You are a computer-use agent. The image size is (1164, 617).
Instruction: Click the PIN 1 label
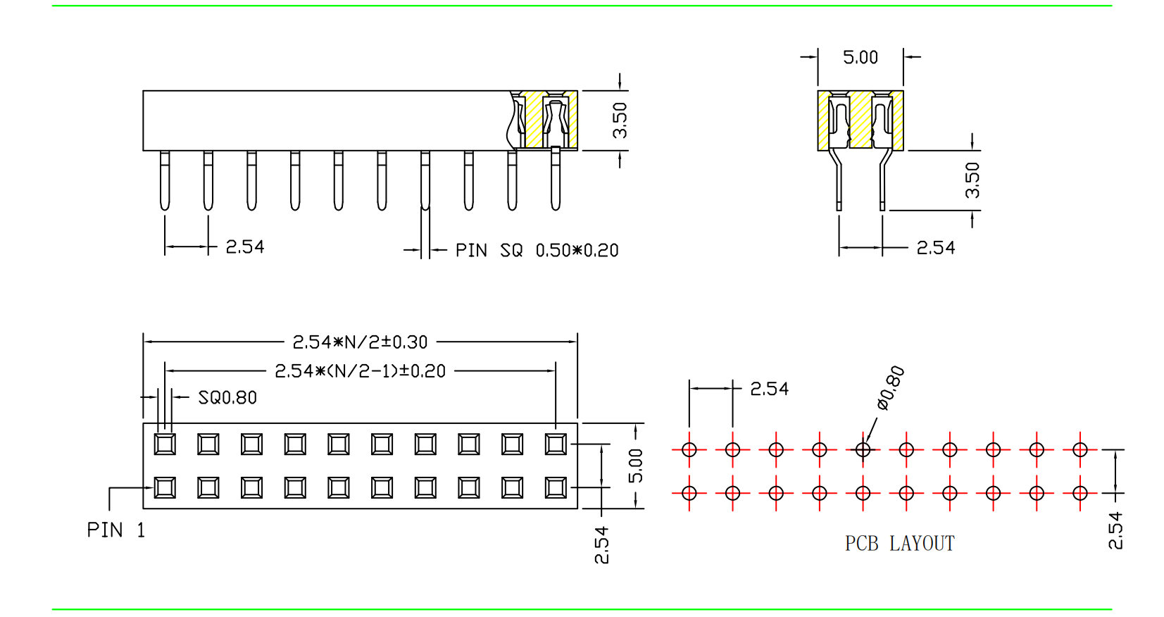click(x=115, y=530)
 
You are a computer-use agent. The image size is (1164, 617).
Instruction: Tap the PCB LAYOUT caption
click(x=899, y=544)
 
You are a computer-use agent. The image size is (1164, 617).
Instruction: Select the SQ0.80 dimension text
click(x=227, y=398)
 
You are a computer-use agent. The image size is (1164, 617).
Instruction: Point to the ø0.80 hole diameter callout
click(x=891, y=388)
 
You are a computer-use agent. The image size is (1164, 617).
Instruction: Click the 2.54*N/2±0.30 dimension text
click(x=360, y=342)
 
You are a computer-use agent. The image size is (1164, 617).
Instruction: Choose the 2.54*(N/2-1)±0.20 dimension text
click(x=360, y=371)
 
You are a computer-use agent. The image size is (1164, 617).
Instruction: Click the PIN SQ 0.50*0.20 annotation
click(x=537, y=251)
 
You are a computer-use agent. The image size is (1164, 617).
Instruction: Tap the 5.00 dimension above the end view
click(x=861, y=58)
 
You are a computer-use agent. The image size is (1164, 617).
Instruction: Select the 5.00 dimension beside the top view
click(x=636, y=466)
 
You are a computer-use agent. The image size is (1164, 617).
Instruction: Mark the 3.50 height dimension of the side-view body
click(x=620, y=120)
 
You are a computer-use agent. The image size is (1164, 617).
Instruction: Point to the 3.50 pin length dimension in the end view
click(x=972, y=180)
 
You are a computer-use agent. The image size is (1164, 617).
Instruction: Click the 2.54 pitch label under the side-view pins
click(x=245, y=247)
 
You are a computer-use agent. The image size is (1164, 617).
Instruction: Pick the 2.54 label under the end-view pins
click(x=936, y=248)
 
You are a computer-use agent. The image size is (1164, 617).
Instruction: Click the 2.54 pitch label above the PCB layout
click(x=769, y=389)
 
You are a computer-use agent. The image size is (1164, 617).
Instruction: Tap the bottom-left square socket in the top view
click(x=165, y=487)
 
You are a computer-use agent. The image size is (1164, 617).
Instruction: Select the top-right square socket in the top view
click(x=556, y=444)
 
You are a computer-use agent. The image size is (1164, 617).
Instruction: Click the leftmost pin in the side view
click(x=165, y=180)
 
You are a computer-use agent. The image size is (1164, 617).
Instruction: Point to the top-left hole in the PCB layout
click(x=689, y=449)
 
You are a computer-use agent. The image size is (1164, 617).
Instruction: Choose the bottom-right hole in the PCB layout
click(x=1080, y=493)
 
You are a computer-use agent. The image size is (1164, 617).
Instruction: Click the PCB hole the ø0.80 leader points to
click(x=863, y=449)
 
